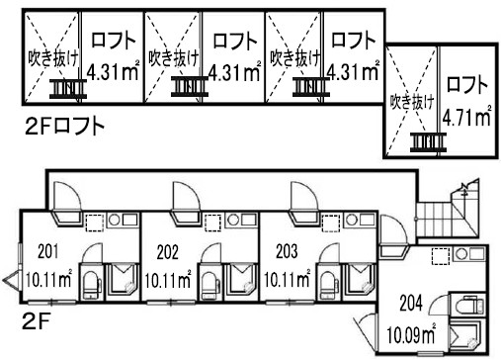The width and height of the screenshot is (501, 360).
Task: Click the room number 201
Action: pyautogui.click(x=48, y=251)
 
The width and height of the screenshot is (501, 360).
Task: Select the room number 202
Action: pyautogui.click(x=167, y=252)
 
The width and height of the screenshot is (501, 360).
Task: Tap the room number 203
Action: pyautogui.click(x=287, y=251)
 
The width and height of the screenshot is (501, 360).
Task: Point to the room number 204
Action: pyautogui.click(x=411, y=303)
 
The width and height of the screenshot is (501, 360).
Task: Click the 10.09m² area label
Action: pyautogui.click(x=411, y=333)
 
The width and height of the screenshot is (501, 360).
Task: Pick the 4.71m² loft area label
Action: pyautogui.click(x=466, y=116)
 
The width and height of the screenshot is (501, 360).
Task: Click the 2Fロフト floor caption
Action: pyautogui.click(x=65, y=127)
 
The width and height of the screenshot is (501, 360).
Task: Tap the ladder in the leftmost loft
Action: pyautogui.click(x=68, y=89)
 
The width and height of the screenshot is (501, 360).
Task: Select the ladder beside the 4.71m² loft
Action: pyautogui.click(x=428, y=142)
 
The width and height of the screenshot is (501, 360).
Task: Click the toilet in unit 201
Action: pyautogui.click(x=91, y=285)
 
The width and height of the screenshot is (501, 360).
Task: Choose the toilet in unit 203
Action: pyautogui.click(x=330, y=285)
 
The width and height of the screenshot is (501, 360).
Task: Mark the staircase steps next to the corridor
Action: pyautogui.click(x=434, y=219)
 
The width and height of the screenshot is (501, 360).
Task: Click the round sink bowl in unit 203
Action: pyautogui.click(x=352, y=220)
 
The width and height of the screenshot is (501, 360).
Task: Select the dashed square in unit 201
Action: pyautogui.click(x=95, y=223)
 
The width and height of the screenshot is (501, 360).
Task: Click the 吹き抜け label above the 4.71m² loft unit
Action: pyautogui.click(x=412, y=102)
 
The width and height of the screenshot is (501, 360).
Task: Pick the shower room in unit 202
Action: pyautogui.click(x=240, y=282)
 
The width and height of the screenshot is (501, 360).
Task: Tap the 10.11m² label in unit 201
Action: pyautogui.click(x=48, y=280)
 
